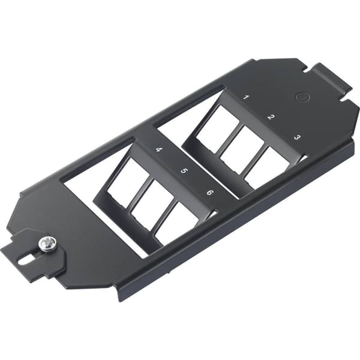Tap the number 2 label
click(x=270, y=116)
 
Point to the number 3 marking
click(x=296, y=137)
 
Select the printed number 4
click(x=158, y=149)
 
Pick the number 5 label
click(x=184, y=171)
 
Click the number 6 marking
click(x=209, y=193)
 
